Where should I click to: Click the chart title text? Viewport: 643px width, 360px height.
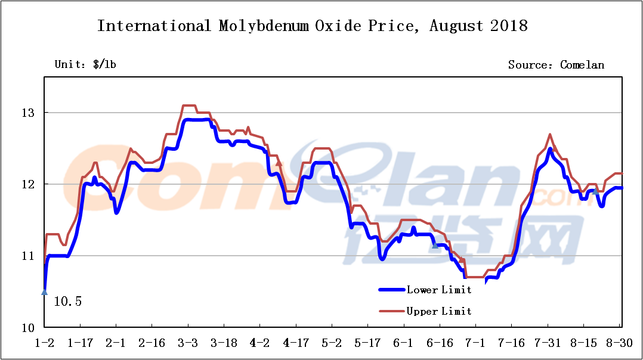tap(313, 26)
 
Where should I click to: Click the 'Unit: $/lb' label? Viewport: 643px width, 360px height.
tap(85, 64)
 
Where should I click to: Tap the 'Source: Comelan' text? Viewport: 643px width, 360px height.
tap(556, 64)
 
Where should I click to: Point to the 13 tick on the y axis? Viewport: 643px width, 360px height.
tap(29, 113)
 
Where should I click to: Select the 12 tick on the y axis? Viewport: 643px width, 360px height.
tap(29, 184)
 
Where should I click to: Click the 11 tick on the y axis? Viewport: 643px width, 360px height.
tap(29, 256)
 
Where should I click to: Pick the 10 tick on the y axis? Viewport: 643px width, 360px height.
tap(29, 328)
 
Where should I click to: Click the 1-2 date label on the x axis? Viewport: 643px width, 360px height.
tap(44, 343)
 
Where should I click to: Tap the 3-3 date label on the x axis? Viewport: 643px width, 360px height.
tap(188, 343)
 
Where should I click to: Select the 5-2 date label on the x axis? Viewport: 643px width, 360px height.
tap(332, 343)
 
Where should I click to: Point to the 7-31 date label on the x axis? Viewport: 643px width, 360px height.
tap(547, 343)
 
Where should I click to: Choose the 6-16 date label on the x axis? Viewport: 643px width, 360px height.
tap(440, 343)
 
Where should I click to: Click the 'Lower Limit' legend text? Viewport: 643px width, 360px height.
tap(439, 290)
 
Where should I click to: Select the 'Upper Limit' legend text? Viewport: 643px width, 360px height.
tap(439, 311)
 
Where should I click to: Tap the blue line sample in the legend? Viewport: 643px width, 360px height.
tap(391, 290)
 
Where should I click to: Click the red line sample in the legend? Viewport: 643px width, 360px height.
tap(391, 311)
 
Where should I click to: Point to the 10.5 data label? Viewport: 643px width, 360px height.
tap(67, 302)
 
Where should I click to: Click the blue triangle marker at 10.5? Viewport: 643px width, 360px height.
tap(44, 291)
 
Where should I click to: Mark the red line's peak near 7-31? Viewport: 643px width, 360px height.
tap(549, 135)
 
